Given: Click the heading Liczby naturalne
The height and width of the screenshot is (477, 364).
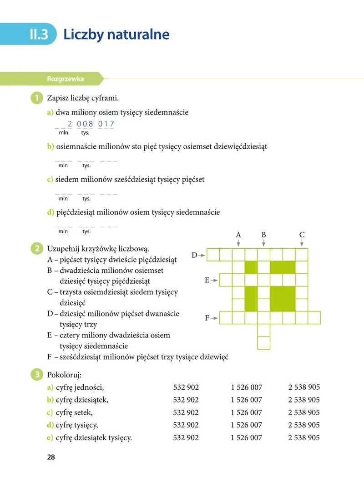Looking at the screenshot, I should pyautogui.click(x=116, y=35).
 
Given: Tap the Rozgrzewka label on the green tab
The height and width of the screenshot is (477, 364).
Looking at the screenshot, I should pyautogui.click(x=65, y=79).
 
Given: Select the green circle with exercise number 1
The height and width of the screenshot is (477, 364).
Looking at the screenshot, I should pyautogui.click(x=35, y=98).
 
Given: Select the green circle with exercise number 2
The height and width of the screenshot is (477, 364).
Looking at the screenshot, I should pyautogui.click(x=35, y=249).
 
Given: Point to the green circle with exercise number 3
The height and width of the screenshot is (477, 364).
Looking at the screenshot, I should pyautogui.click(x=35, y=375).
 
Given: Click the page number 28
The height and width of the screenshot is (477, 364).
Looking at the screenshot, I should pyautogui.click(x=51, y=457).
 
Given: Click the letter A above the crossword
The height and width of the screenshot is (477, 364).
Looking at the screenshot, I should pyautogui.click(x=238, y=235).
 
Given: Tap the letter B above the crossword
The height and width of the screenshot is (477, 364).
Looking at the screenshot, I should pyautogui.click(x=263, y=235).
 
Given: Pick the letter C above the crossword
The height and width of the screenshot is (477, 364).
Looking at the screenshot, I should pyautogui.click(x=302, y=235).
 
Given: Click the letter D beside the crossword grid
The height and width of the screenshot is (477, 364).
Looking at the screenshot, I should pyautogui.click(x=194, y=255).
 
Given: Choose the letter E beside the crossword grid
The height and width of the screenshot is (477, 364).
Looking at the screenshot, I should pyautogui.click(x=207, y=280).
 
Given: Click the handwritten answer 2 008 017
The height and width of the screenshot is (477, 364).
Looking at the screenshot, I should pyautogui.click(x=91, y=124).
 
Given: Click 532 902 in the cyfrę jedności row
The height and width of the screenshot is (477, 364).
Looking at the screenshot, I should pyautogui.click(x=186, y=387).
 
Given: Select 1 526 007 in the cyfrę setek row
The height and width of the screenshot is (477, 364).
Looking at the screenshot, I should pyautogui.click(x=246, y=412).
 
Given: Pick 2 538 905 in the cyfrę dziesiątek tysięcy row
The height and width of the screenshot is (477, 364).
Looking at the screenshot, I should pyautogui.click(x=304, y=437).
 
